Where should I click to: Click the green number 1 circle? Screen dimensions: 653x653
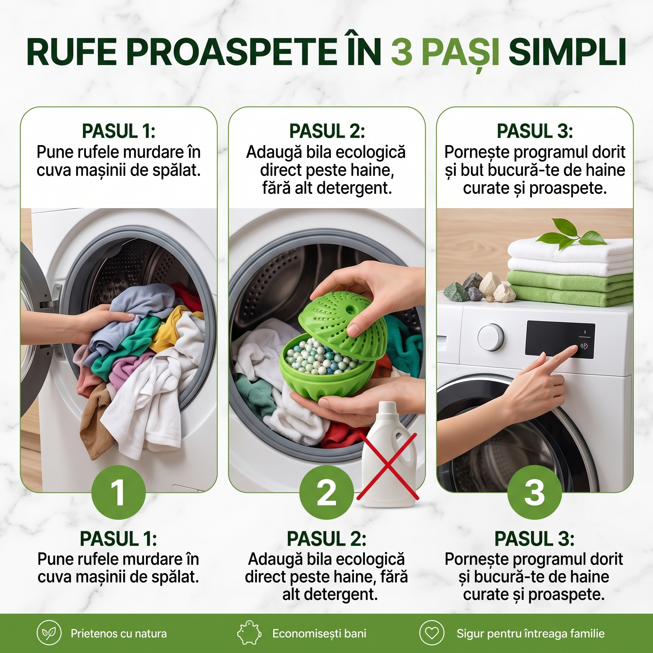[x=118, y=492]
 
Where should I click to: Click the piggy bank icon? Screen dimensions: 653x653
[x=249, y=632]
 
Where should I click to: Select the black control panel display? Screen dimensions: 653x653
[x=560, y=339]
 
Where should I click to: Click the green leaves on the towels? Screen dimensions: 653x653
[x=571, y=233]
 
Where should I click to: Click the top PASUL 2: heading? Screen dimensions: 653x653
[x=327, y=131]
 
